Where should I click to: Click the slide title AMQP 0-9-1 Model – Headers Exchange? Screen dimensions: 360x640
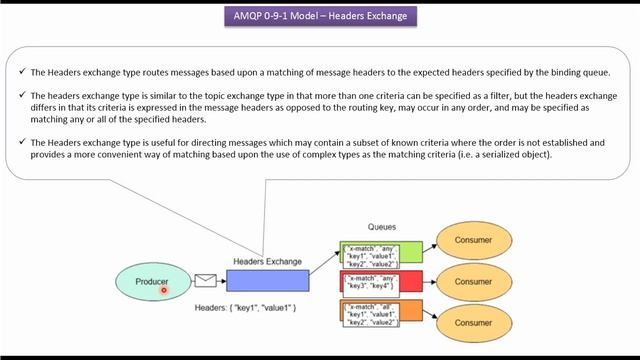tap(319, 17)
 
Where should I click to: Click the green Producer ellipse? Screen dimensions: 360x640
tap(151, 282)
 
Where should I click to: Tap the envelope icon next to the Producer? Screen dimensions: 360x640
tap(205, 282)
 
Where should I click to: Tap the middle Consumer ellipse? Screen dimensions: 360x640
tap(473, 283)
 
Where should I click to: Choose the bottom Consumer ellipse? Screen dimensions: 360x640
tap(473, 323)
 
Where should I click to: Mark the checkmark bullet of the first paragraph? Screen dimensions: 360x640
tap(22, 72)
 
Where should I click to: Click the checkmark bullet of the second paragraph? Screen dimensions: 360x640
tap(22, 95)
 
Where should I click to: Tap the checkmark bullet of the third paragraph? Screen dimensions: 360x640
tap(22, 143)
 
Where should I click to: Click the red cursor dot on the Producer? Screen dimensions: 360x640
tap(163, 290)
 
